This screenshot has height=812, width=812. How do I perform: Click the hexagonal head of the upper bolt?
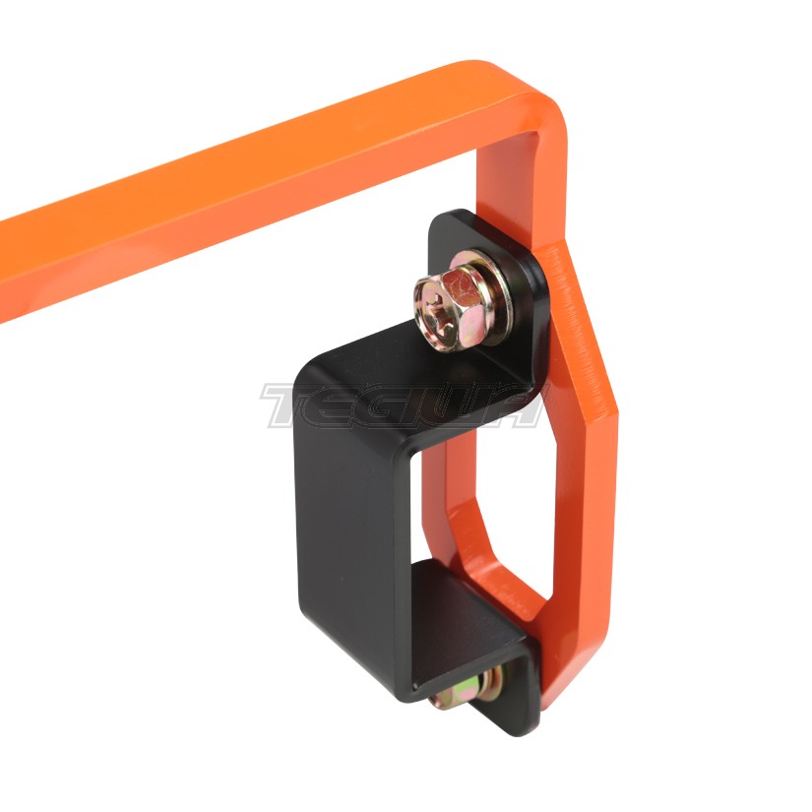(x=457, y=303)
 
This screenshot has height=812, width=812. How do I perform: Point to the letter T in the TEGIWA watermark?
(x=290, y=406)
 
